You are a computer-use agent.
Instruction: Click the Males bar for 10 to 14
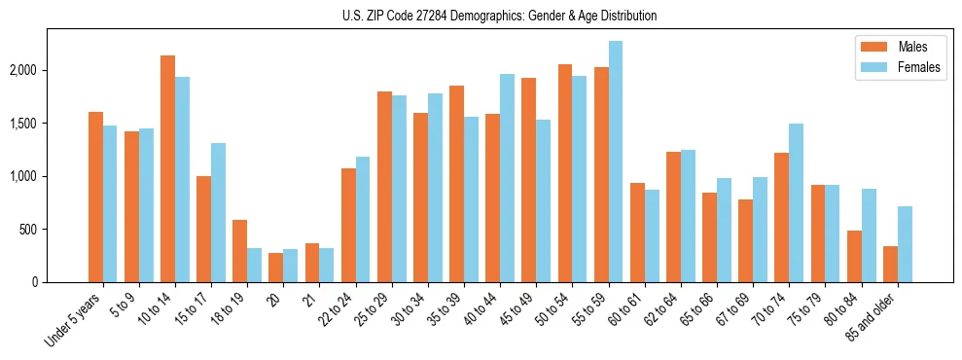pos(167,169)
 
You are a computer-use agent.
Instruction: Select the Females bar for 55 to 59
pos(616,162)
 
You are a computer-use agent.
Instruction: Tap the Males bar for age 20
pos(275,268)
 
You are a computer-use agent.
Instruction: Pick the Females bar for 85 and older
pos(905,244)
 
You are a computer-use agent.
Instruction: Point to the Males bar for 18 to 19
pos(239,251)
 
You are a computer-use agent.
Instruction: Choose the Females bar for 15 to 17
pos(219,213)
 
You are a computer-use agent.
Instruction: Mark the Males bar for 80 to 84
pos(854,257)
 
